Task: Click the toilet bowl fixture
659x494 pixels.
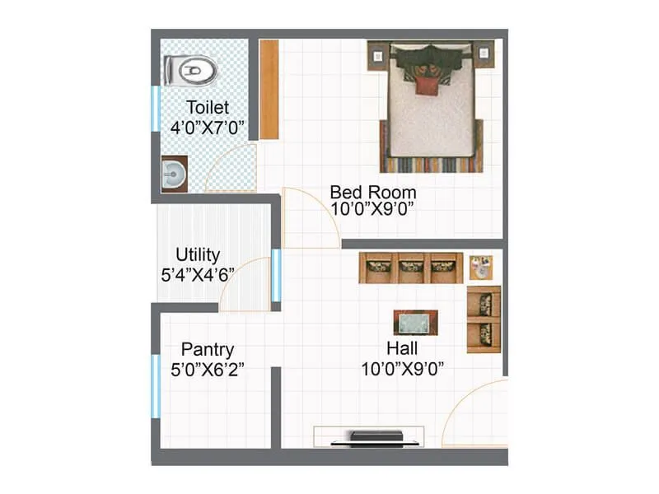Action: [x=189, y=70]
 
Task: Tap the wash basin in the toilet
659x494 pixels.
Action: [x=173, y=174]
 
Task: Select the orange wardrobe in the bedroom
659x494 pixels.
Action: [x=269, y=89]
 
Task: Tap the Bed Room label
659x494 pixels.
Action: [x=372, y=192]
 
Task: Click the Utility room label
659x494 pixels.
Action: [x=198, y=254]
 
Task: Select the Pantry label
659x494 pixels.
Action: [x=208, y=349]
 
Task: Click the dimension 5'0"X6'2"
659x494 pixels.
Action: [x=207, y=370]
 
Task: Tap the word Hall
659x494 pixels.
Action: [x=402, y=348]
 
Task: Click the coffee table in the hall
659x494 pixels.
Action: [x=415, y=322]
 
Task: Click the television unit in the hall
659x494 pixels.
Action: [x=368, y=436]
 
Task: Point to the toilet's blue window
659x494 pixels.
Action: [x=155, y=107]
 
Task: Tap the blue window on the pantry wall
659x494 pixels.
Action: [x=155, y=385]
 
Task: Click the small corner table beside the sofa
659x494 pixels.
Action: [x=482, y=268]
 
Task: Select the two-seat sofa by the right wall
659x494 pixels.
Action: [x=484, y=319]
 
